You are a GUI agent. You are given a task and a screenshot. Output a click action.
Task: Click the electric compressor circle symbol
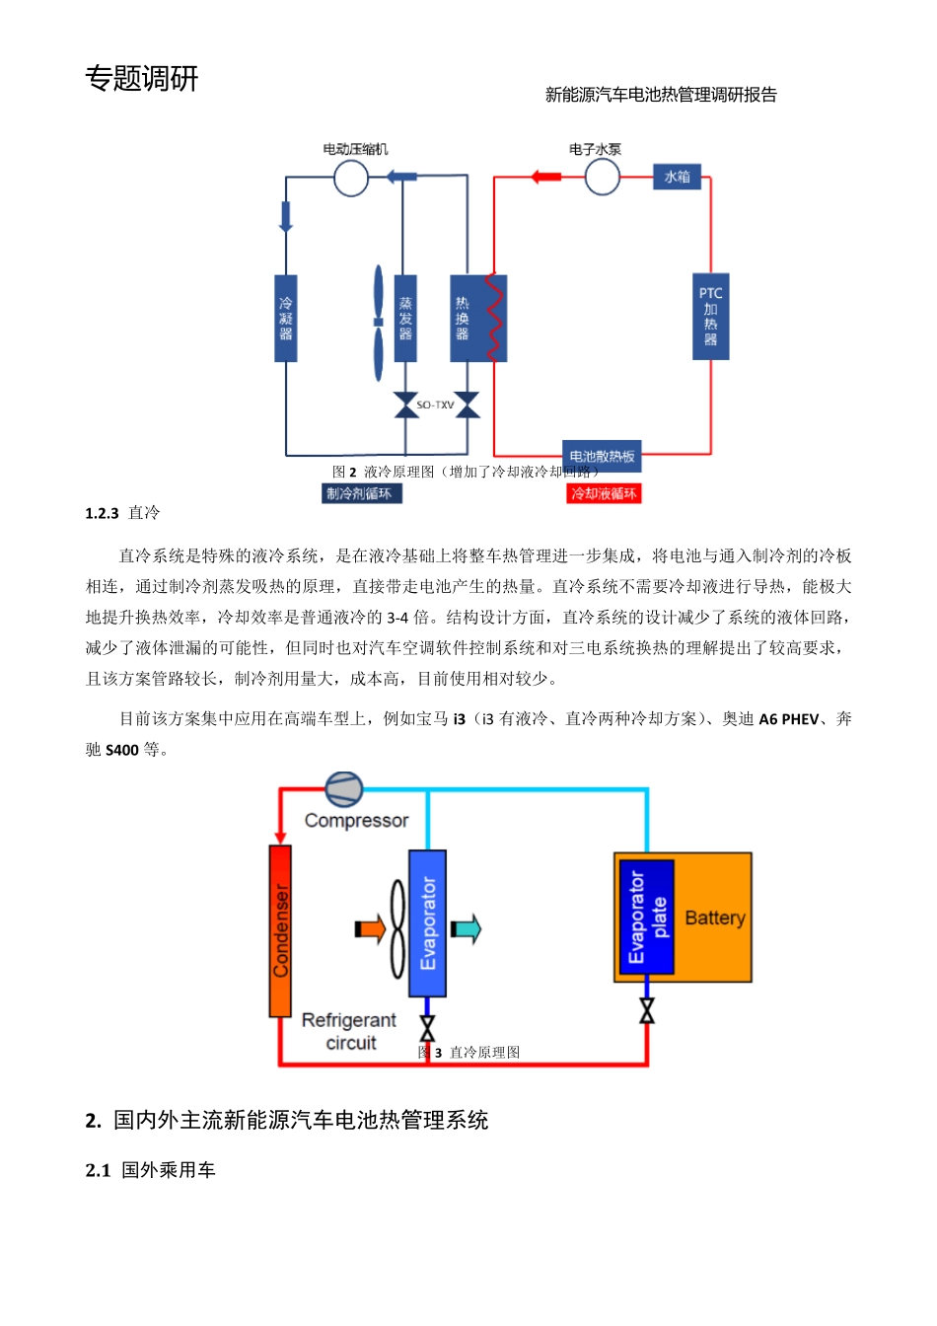[x=350, y=179]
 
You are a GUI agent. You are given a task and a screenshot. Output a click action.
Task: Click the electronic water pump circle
[x=602, y=178]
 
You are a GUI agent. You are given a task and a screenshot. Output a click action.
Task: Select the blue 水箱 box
[x=677, y=177]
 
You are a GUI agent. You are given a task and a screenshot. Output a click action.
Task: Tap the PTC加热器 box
[x=710, y=317]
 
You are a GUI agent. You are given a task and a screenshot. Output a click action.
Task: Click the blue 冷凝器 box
[x=286, y=318]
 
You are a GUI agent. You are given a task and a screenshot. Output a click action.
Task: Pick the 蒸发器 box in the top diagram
[x=404, y=318]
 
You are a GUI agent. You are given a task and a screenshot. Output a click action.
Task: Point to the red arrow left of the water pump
[x=545, y=178]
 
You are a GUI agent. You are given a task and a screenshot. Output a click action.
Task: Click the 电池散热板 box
[x=602, y=456]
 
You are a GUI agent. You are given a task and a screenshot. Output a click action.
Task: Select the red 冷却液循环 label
[x=604, y=493]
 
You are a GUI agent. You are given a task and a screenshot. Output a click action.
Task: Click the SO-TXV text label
[x=435, y=405]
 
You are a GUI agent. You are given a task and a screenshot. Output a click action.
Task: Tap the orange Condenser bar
[x=280, y=930]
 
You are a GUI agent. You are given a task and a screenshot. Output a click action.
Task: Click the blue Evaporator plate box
[x=646, y=917]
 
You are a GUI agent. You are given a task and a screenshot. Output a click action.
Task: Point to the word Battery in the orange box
[x=714, y=918]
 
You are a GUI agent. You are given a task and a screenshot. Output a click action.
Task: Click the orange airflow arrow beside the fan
[x=369, y=928]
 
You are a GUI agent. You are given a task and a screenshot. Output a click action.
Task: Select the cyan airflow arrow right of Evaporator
[x=465, y=928]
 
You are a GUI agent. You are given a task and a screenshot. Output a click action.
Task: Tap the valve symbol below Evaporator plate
[x=647, y=1010]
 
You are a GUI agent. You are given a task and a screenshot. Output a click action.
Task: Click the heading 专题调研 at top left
[x=142, y=78]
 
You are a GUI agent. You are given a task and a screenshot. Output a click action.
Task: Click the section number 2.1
[x=98, y=1170]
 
